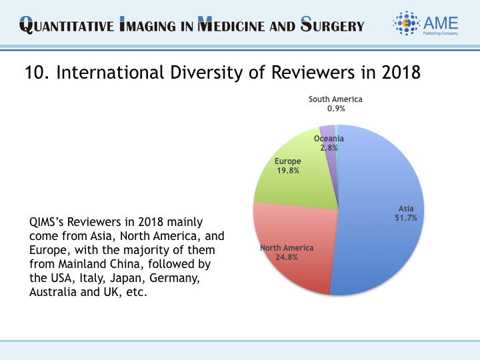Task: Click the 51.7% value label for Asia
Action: tap(406, 217)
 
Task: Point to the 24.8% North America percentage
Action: tap(287, 257)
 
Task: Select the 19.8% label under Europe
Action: tap(287, 170)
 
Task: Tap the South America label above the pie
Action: tap(335, 99)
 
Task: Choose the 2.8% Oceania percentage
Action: tap(329, 147)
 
